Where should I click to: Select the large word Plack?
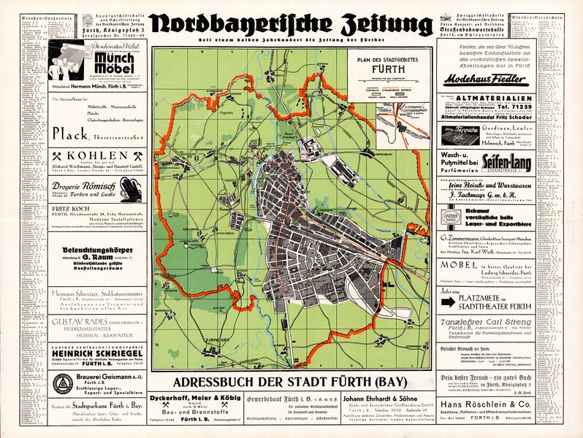[x=76, y=133]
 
